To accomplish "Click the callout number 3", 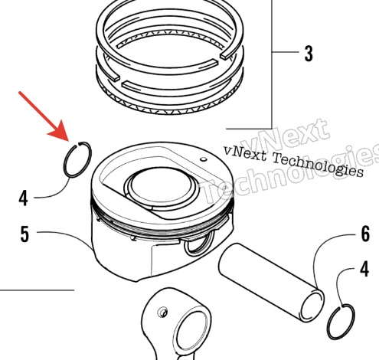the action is point(309,53).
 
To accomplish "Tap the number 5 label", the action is point(25,234).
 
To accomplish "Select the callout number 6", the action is point(365,234).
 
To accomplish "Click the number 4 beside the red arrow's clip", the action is point(23,198).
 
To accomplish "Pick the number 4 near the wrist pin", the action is point(364,269).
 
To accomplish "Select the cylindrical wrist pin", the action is point(271,283).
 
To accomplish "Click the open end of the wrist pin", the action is point(312,306).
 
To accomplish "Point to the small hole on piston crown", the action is point(204,159).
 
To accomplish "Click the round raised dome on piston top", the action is point(162,188).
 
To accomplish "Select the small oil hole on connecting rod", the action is point(163,313).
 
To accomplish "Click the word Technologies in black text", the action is point(318,165).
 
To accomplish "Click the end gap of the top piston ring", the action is point(219,58).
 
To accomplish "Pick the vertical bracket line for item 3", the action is point(272,64).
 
